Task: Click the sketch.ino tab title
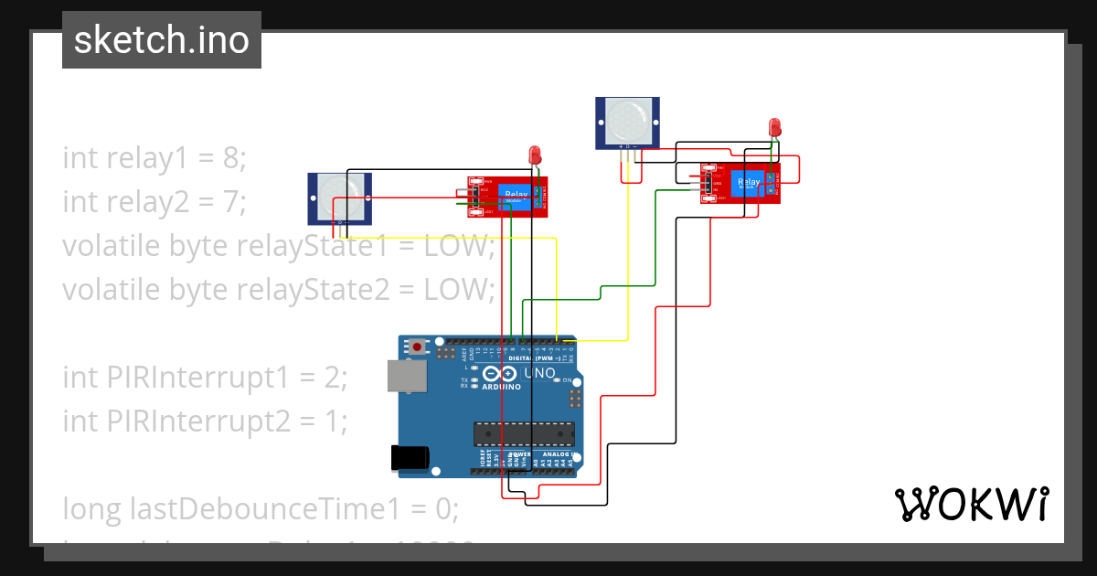click(161, 40)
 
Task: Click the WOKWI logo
click(970, 504)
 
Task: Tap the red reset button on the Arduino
click(419, 347)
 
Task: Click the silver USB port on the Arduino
click(407, 376)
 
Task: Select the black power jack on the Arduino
click(410, 458)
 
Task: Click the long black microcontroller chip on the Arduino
click(524, 436)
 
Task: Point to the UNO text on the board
click(538, 373)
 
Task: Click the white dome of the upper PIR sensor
click(629, 116)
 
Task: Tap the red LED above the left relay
click(535, 155)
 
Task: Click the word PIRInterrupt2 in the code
click(196, 421)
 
